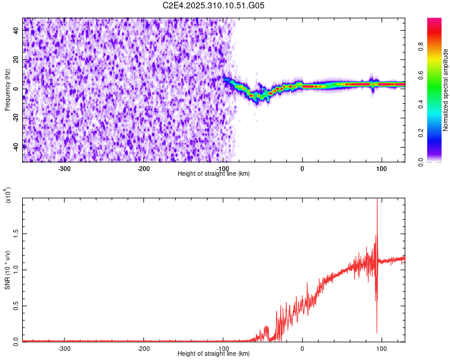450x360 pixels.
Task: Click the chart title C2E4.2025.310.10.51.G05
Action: (x=214, y=5)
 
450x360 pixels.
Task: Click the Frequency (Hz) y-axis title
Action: (x=7, y=90)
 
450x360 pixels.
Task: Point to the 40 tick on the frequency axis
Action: (x=17, y=31)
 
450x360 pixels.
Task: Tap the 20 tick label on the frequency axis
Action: (x=17, y=59)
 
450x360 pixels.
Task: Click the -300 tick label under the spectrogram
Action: (x=64, y=168)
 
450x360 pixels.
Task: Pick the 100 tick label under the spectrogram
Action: (x=381, y=168)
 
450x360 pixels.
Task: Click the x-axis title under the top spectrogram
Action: (x=214, y=173)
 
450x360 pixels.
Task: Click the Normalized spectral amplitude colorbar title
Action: (x=446, y=90)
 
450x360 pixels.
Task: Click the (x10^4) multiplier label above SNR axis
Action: (x=7, y=196)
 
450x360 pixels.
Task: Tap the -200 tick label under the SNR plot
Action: (x=143, y=348)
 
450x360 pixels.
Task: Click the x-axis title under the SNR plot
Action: (x=214, y=353)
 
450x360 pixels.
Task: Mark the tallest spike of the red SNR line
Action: (x=377, y=200)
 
